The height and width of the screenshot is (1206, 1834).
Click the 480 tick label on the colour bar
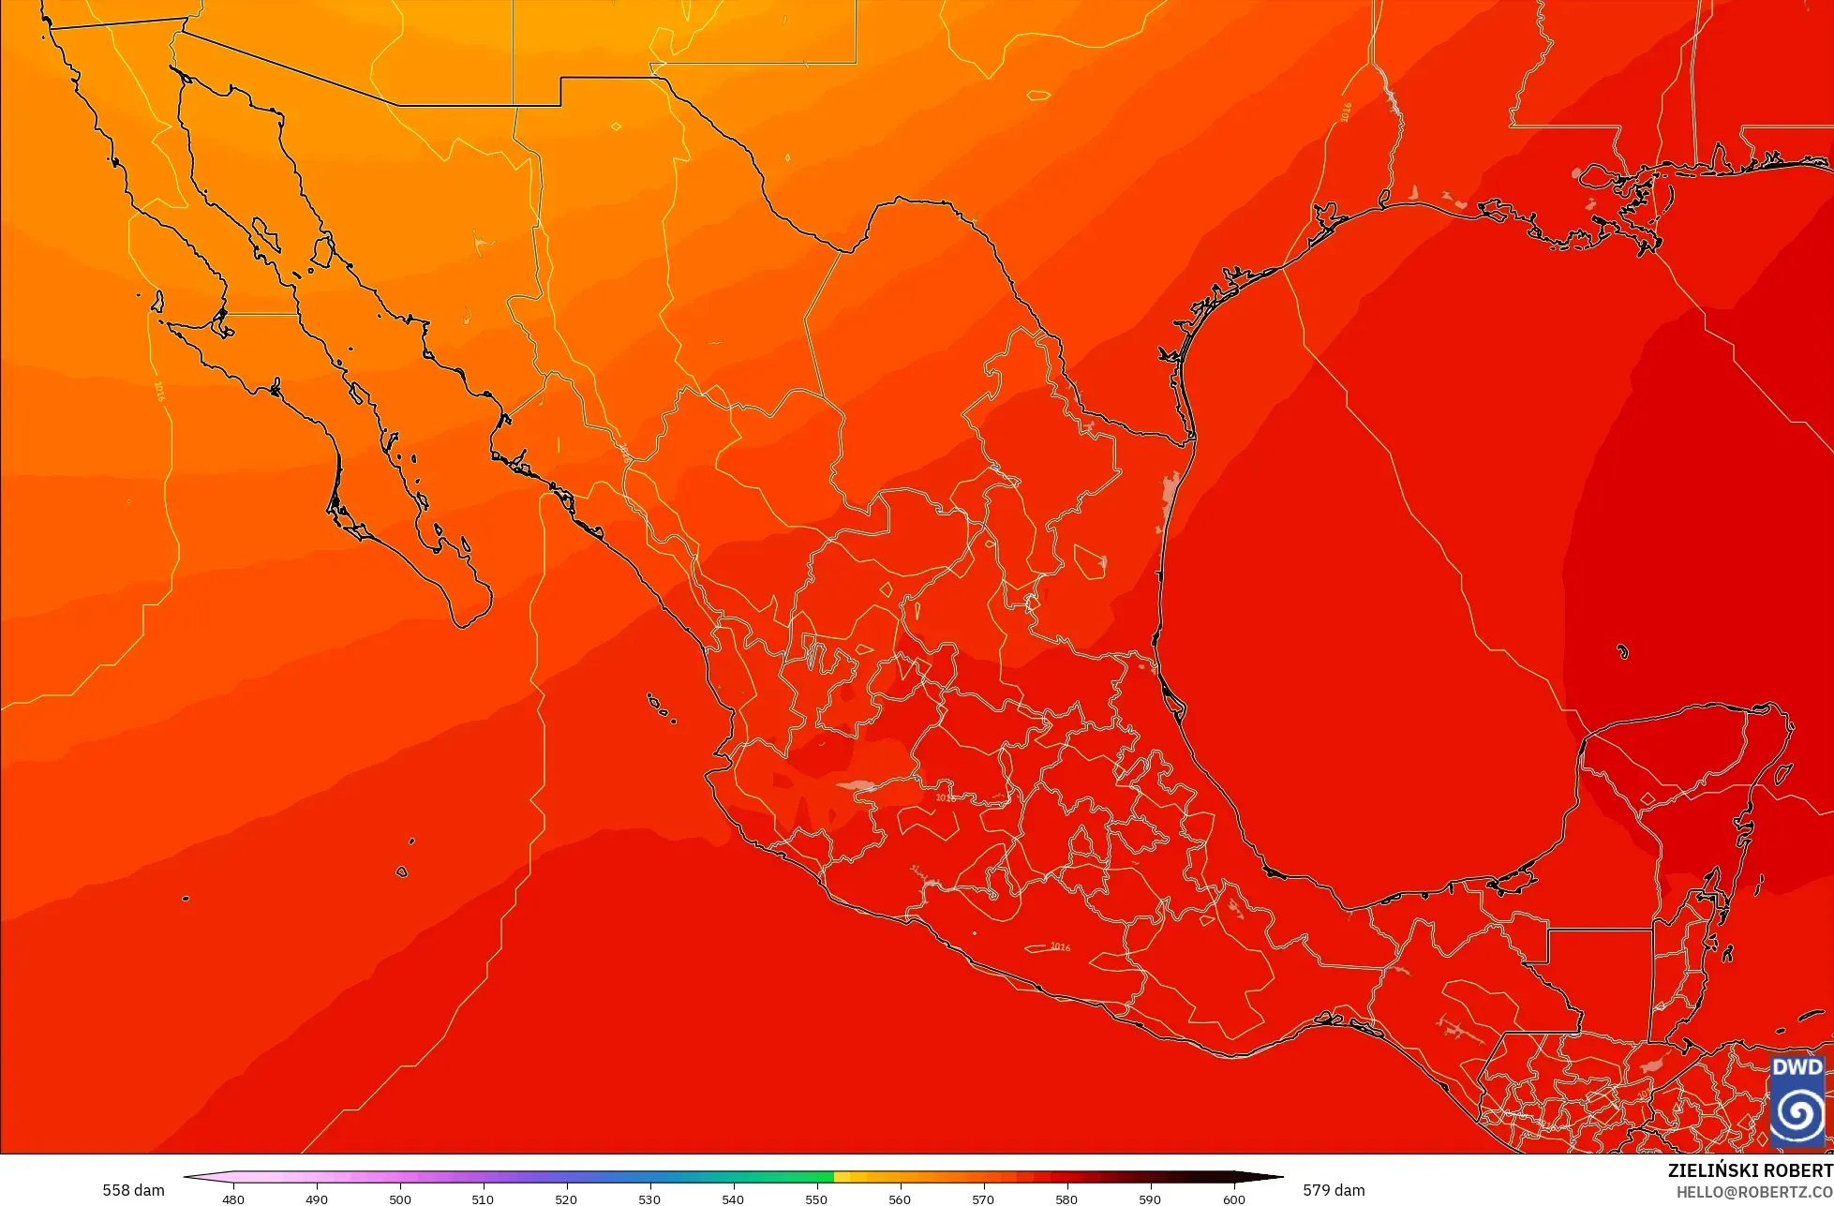coord(233,1199)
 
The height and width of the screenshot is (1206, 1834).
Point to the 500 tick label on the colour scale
coord(400,1199)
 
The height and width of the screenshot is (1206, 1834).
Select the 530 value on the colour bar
coord(649,1199)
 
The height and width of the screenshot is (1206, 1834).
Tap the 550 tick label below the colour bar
coord(816,1199)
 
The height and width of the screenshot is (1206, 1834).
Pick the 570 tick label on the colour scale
coord(983,1199)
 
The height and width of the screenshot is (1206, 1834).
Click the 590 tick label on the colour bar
coord(1150,1199)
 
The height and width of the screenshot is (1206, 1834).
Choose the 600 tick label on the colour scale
coord(1233,1199)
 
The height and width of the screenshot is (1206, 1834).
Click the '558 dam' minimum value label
coord(133,1190)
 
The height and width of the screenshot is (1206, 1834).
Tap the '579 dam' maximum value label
coord(1334,1190)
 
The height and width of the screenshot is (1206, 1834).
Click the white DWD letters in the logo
coord(1797,1067)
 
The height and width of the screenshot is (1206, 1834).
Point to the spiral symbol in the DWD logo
coord(1797,1112)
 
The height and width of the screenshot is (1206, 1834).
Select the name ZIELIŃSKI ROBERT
coord(1750,1170)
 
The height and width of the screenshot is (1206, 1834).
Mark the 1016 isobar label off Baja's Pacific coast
coord(159,391)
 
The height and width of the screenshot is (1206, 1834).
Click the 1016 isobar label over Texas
coord(1347,112)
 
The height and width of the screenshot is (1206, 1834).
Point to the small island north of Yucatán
coord(1622,651)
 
